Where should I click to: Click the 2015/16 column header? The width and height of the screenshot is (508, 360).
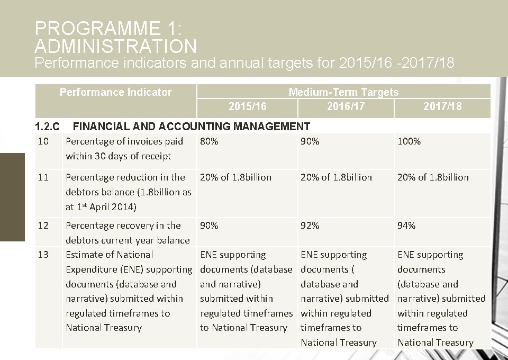pos(247,106)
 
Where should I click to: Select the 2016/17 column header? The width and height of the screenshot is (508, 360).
pos(346,106)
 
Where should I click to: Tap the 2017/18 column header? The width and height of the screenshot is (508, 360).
pos(442,106)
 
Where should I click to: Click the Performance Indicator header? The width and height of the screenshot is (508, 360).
pos(115,92)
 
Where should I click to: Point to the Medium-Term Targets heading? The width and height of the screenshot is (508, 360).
pos(343,92)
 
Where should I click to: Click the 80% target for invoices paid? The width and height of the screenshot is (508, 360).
pos(209,141)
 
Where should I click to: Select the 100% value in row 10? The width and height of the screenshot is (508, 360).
pos(409,141)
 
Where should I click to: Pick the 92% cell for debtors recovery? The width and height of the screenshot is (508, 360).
pos(310,226)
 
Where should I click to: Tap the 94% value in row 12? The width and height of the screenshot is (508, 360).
pos(406,226)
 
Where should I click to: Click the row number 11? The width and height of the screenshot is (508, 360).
pos(43,177)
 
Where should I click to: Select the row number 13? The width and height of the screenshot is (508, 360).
pos(43,255)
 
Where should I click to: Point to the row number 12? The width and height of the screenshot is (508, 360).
pos(43,226)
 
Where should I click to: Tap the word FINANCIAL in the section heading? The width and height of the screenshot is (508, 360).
pos(101,127)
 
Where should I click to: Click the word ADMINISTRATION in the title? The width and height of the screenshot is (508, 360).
pos(115,46)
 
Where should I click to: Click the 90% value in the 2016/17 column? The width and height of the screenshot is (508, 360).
pos(310,141)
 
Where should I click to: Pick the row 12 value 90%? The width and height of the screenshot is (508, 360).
pos(209,226)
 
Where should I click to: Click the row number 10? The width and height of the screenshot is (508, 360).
pos(43,141)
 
